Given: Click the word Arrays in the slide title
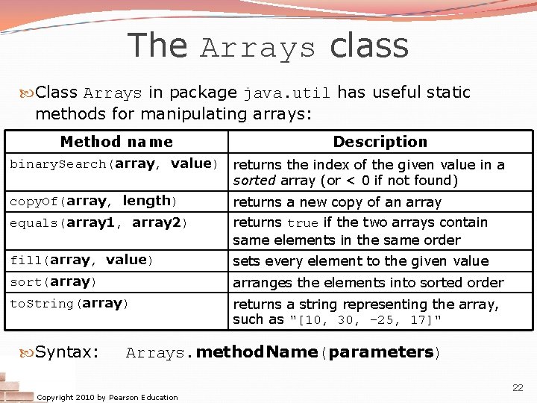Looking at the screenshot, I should (258, 48).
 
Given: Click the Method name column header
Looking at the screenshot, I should (116, 142).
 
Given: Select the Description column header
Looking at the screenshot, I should (380, 142).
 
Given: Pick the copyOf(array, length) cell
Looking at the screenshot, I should (92, 201).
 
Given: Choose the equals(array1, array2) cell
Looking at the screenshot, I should (98, 222).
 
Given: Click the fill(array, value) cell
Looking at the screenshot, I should (81, 260).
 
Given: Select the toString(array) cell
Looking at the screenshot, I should (69, 303).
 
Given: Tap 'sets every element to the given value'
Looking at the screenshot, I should (360, 261).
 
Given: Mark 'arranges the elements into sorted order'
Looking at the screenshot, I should (368, 283).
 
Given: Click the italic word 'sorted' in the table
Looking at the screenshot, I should (251, 181).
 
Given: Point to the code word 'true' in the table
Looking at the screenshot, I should (303, 223).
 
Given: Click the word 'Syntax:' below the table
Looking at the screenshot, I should (66, 352).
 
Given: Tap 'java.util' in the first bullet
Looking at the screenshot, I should (287, 93).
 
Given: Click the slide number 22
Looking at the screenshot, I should (517, 387).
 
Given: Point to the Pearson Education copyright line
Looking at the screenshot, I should (107, 397).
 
